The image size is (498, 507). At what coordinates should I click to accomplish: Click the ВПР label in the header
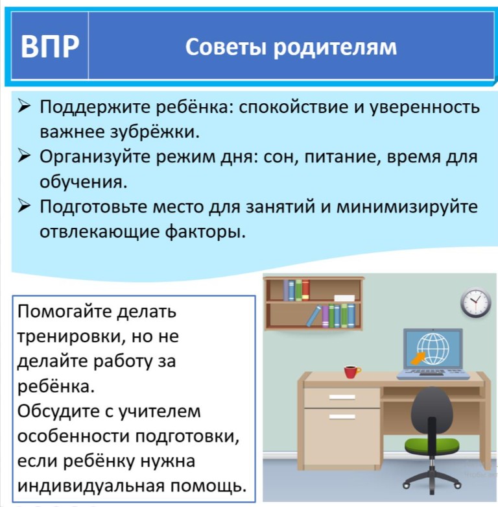click(x=50, y=46)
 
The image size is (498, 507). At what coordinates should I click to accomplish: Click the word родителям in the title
click(x=335, y=48)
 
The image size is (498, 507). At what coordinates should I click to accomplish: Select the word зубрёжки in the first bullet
click(x=155, y=132)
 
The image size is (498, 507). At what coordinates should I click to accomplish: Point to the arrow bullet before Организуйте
click(x=24, y=156)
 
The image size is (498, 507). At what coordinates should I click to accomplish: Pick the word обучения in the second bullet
click(x=83, y=182)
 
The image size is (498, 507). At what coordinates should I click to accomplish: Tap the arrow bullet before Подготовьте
click(x=24, y=206)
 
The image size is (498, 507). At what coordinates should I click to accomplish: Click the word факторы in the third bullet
click(x=206, y=232)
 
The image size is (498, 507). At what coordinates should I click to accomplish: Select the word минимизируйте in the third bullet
click(x=407, y=207)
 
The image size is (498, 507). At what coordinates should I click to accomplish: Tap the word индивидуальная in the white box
click(x=91, y=486)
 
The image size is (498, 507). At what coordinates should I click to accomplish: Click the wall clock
click(x=476, y=303)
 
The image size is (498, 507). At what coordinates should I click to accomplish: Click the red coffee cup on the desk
click(x=351, y=372)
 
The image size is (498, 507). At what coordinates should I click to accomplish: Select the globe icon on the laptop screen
click(x=433, y=349)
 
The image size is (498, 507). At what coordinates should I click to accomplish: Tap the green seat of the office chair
click(x=432, y=445)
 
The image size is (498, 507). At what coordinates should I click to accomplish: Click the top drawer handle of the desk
click(x=342, y=397)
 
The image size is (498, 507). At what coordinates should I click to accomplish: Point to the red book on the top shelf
click(x=305, y=290)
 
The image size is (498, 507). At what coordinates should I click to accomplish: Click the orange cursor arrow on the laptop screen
click(x=418, y=358)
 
